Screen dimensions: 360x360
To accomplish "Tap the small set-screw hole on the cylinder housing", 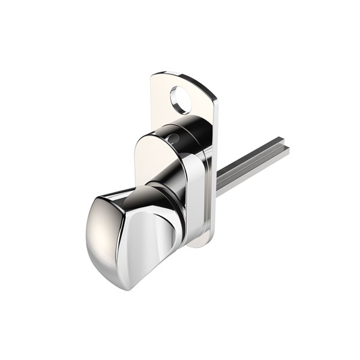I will click(x=173, y=139).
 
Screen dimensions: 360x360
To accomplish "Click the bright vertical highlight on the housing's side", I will click(x=193, y=192).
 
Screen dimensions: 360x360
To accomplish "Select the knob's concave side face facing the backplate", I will click(x=150, y=240).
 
